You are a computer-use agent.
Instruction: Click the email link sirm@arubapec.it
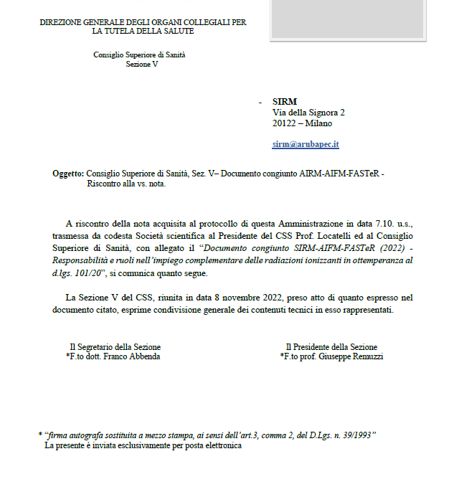click(x=306, y=144)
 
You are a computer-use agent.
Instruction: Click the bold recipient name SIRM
click(x=285, y=102)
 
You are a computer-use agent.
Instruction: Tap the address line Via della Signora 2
click(x=308, y=113)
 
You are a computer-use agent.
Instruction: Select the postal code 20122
click(x=285, y=123)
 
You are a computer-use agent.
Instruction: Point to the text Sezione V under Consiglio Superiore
click(x=142, y=65)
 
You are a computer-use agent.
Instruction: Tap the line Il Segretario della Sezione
click(x=114, y=347)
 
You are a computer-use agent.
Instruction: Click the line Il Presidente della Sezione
click(x=331, y=347)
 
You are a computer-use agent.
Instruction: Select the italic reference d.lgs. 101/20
click(x=79, y=273)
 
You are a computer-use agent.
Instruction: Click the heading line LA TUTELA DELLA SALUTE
click(x=143, y=32)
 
